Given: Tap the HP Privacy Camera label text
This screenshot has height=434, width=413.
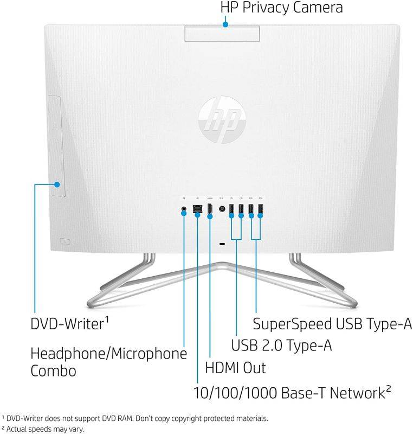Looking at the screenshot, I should (281, 8).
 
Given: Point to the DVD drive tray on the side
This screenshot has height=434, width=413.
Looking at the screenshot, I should (56, 145).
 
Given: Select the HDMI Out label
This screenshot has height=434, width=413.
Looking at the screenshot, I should (235, 368).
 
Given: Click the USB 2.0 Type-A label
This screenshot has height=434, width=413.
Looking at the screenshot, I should (282, 345).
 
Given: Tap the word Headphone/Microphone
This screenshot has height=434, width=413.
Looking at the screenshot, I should (108, 354).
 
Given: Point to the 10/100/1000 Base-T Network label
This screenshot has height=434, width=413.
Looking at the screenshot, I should (293, 392).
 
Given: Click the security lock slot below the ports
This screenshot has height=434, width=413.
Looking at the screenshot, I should (222, 244).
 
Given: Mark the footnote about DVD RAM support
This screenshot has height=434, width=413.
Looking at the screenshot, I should (135, 418).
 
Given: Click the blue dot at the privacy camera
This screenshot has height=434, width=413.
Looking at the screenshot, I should (225, 23).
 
